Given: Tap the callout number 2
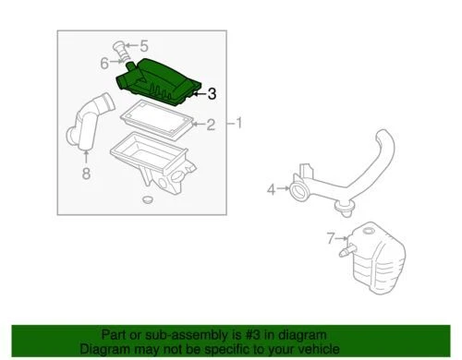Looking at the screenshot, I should (210, 125).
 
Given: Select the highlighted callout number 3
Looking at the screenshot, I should (212, 92).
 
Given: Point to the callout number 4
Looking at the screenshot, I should (272, 190).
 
